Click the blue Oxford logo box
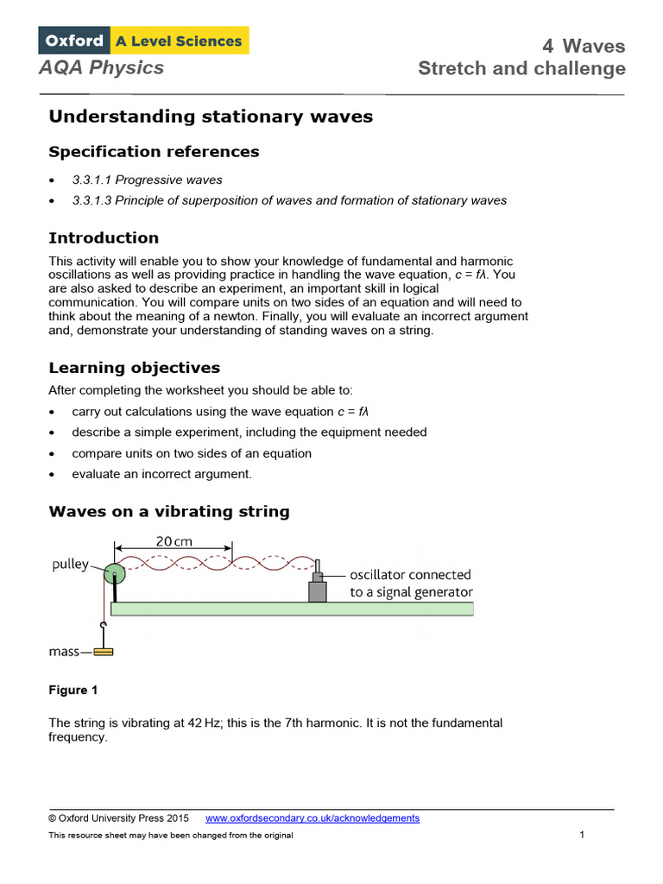(74, 41)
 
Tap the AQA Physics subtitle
(101, 67)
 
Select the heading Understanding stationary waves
(211, 117)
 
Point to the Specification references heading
(154, 152)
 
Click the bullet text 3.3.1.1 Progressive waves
(147, 180)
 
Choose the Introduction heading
(104, 238)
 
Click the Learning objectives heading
(135, 368)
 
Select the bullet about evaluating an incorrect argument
(162, 474)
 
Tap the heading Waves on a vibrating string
(169, 512)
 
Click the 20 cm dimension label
(174, 542)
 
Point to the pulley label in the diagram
(69, 564)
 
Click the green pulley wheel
(114, 574)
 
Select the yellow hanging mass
(104, 652)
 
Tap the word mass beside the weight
(65, 653)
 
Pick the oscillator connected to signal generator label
(411, 584)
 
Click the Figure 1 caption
(68, 690)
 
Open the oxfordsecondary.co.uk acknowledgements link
(313, 818)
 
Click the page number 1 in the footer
(583, 835)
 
